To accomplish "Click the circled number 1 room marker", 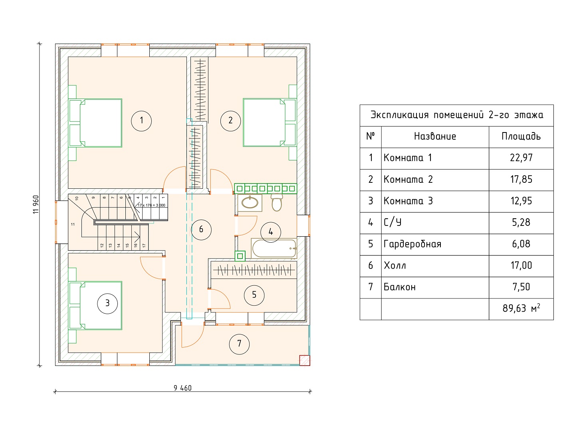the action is tap(141, 121).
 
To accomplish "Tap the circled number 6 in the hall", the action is tap(201, 229).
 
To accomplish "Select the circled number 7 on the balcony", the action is tap(239, 344).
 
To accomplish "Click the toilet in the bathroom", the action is tap(277, 202).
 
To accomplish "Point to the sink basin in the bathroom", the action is tap(250, 203).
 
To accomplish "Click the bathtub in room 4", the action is tap(274, 248).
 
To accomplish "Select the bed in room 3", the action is tap(95, 305).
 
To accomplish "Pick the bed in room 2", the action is tap(270, 123).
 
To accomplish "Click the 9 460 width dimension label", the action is tap(182, 388).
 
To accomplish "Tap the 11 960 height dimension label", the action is tap(36, 204).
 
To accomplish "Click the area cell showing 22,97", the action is tap(521, 158).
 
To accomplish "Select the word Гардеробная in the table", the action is tap(412, 244).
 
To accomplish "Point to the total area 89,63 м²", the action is tap(521, 308).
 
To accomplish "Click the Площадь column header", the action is tap(521, 136).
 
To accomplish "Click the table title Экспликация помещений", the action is tap(427, 115).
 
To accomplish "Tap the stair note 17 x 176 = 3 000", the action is tap(151, 205).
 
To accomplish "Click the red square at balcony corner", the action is tap(305, 360).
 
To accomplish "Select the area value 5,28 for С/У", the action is tap(521, 222).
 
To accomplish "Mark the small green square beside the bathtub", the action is tap(240, 256).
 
